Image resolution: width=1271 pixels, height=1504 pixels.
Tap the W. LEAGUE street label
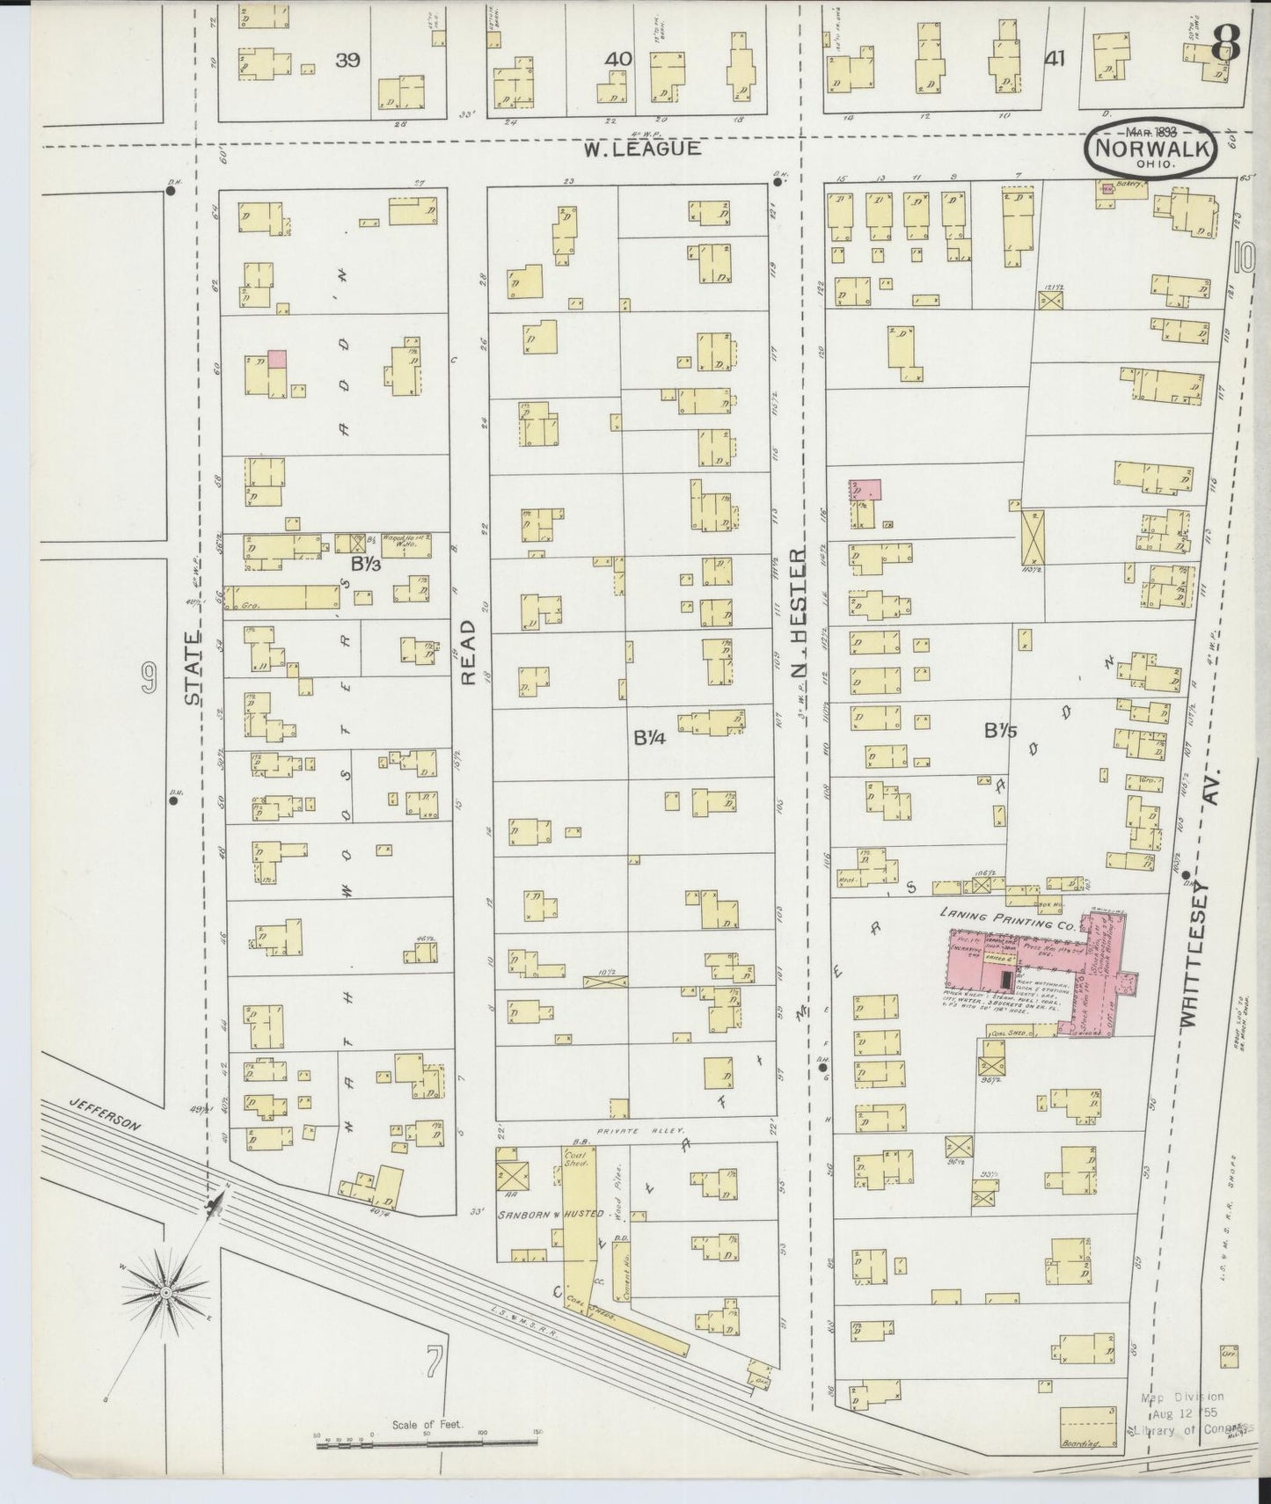(x=643, y=149)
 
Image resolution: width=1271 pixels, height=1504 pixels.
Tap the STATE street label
(x=193, y=669)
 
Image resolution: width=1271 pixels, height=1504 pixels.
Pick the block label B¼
(x=648, y=738)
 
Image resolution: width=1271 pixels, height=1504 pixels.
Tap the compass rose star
(x=165, y=1291)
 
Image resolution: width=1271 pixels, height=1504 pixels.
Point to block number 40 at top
(x=618, y=59)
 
